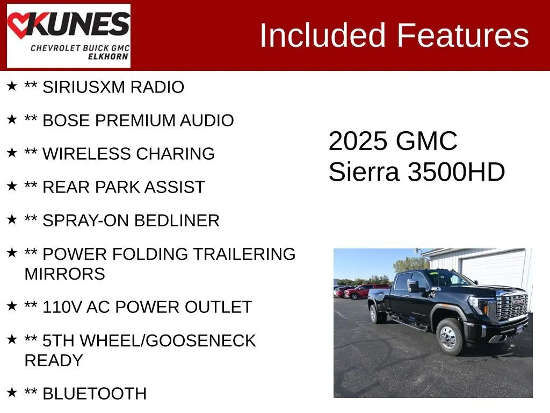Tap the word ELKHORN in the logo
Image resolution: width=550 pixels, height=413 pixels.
coord(108,56)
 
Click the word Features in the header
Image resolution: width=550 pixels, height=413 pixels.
coord(462,35)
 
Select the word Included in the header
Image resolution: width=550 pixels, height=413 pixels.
coord(322,35)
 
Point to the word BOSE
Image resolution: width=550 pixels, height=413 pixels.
coord(66,120)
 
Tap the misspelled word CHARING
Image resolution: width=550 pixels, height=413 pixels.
coord(175,154)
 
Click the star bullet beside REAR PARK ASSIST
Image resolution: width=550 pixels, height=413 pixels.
coord(12,186)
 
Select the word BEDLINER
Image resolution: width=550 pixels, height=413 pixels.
coord(177,220)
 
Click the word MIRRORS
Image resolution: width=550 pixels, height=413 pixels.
coord(65,274)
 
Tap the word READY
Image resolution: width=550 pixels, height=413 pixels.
coord(54,361)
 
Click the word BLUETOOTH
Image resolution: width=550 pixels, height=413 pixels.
coord(95,394)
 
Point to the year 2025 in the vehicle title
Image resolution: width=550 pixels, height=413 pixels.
coord(357,141)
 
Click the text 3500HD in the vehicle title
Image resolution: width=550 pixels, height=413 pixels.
coord(456,172)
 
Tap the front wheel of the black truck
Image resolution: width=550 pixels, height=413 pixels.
coord(450,337)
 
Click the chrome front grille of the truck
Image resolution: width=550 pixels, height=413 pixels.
coord(512,307)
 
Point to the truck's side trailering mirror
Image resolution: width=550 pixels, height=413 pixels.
coord(414,286)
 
